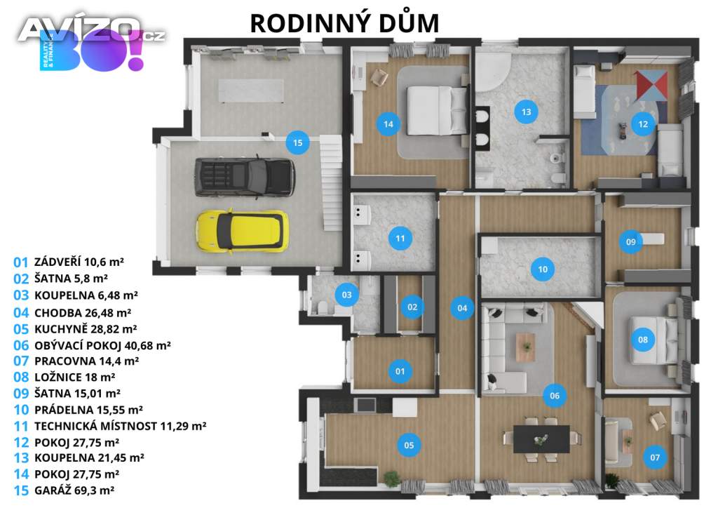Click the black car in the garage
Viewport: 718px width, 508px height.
(244, 175)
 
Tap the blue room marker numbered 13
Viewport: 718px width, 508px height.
(525, 110)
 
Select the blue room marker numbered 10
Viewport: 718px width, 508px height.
(542, 268)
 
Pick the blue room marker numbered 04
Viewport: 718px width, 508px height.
(462, 307)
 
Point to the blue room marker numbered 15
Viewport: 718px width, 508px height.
(298, 143)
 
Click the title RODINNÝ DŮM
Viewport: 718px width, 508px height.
(344, 22)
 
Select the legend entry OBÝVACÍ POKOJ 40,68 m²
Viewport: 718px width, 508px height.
(92, 345)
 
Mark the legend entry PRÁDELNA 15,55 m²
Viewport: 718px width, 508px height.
(78, 409)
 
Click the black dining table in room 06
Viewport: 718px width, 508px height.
(541, 439)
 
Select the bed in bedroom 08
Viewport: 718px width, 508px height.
(654, 340)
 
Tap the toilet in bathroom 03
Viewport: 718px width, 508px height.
(323, 307)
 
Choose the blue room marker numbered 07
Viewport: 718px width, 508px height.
(655, 459)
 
